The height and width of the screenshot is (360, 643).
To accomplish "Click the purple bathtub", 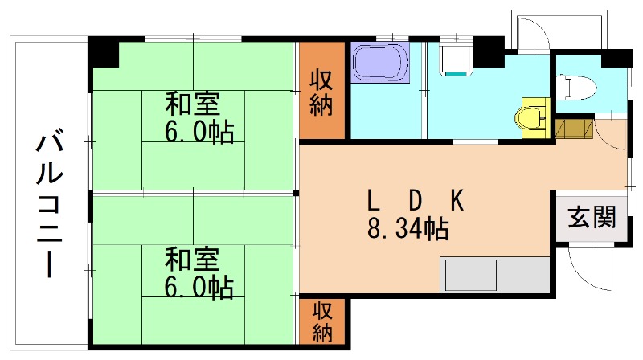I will click(x=380, y=63).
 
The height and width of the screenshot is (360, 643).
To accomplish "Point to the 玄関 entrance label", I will click(x=592, y=217).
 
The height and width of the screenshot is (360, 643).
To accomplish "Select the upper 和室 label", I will click(x=194, y=104).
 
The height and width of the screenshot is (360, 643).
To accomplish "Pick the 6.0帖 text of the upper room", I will click(x=199, y=131).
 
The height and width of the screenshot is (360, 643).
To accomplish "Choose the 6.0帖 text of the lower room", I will click(x=199, y=285).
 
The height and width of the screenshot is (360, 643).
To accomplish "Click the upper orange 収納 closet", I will click(x=322, y=92).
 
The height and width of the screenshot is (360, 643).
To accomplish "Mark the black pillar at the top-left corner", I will click(x=102, y=53).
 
